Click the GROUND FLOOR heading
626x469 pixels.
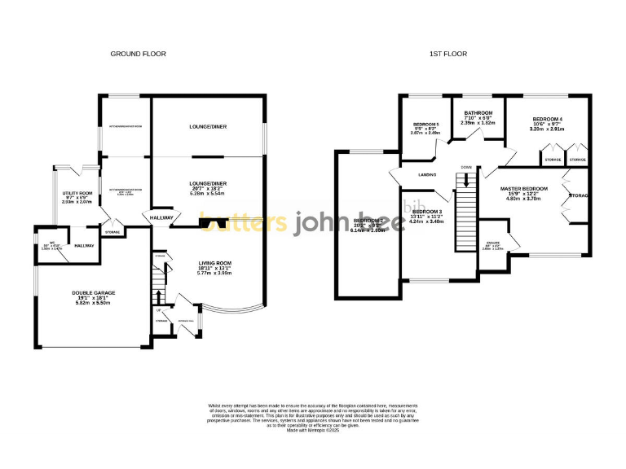pos(138,54)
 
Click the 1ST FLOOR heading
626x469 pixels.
pos(448,54)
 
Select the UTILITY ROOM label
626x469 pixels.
pos(79,194)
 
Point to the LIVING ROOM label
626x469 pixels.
pos(215,263)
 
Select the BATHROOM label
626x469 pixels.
pos(478,112)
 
